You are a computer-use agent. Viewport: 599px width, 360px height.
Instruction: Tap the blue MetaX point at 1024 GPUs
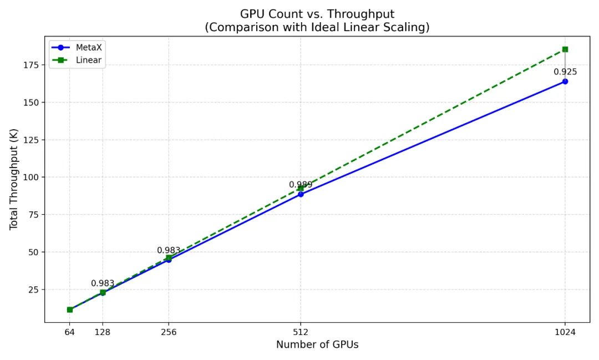coord(565,82)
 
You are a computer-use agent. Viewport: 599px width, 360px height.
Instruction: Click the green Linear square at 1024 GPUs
coord(565,49)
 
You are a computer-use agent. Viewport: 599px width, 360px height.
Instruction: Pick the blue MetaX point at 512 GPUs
coord(301,194)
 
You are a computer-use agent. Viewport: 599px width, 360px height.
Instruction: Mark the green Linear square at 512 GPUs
coord(301,188)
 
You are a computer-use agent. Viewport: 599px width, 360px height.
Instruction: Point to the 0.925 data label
coord(565,72)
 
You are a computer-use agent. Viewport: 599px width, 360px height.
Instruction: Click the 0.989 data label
coord(301,185)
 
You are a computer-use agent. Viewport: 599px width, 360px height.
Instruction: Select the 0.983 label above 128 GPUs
coord(103,283)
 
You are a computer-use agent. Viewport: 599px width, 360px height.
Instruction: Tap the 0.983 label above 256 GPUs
coord(169,251)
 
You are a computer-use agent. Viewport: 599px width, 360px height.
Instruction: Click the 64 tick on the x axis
coord(70,332)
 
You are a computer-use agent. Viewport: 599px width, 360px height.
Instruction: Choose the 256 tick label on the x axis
coord(169,332)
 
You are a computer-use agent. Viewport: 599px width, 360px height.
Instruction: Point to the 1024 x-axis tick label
coord(565,332)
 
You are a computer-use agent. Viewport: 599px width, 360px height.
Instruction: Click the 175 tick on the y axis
coord(31,65)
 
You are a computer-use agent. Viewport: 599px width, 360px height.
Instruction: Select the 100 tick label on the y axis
coord(31,177)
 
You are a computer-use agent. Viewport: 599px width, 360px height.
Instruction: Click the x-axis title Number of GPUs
coord(317,345)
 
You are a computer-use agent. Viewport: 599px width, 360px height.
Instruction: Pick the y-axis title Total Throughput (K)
coord(14,179)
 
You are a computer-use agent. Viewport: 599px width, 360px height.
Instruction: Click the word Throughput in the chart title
coord(366,14)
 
